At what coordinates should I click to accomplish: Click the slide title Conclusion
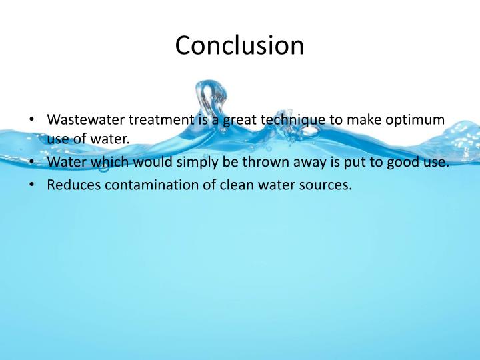[239, 46]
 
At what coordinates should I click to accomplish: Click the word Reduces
[71, 185]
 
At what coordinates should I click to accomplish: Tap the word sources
[325, 185]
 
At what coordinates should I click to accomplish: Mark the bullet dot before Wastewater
[32, 121]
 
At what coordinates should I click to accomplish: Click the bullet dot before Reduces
[32, 185]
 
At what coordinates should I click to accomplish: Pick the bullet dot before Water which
[32, 164]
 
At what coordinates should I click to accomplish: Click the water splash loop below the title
[209, 100]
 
